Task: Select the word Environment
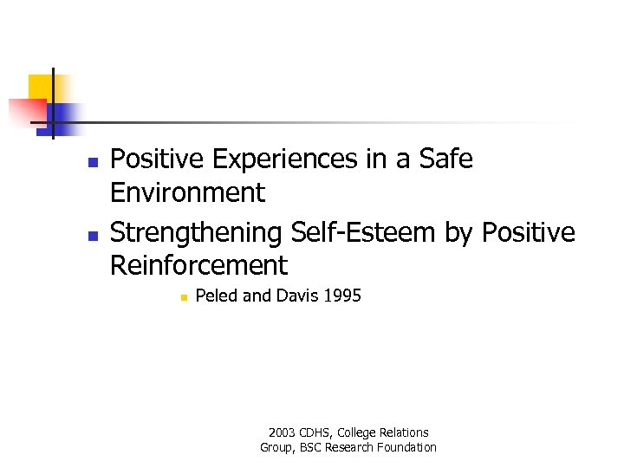click(x=187, y=192)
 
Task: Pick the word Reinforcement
click(x=198, y=265)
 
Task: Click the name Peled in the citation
click(x=217, y=296)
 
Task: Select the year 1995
click(x=341, y=296)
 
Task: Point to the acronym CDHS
click(x=316, y=432)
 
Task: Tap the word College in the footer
click(x=361, y=432)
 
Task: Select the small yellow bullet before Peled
click(x=184, y=298)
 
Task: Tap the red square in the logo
click(x=26, y=113)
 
